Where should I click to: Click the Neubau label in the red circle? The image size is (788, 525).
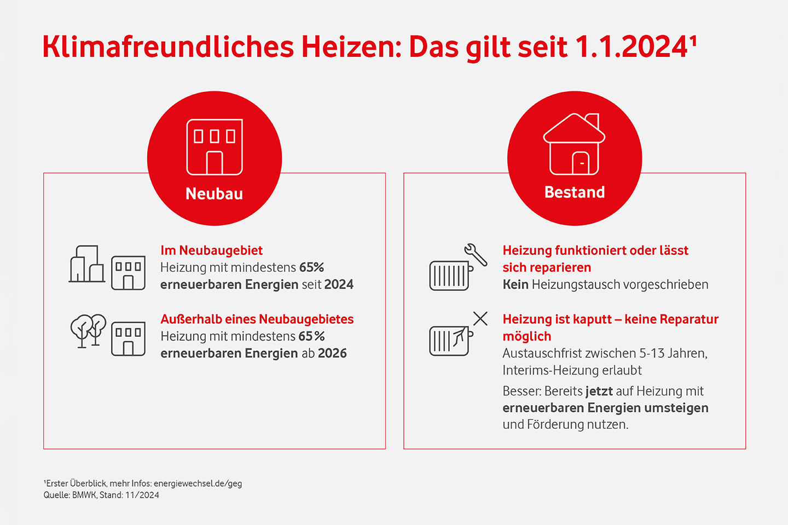click(214, 194)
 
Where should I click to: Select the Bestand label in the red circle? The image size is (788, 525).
click(575, 192)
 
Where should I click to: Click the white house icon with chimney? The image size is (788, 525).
click(574, 144)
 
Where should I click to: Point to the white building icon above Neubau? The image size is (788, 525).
click(215, 147)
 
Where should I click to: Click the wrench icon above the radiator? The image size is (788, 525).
click(476, 254)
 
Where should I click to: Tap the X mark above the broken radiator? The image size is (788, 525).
click(480, 318)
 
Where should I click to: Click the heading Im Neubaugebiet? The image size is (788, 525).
click(211, 250)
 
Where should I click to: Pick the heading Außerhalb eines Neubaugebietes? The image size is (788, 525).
click(257, 319)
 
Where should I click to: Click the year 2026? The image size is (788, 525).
click(332, 353)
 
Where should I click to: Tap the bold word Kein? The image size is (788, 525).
click(515, 284)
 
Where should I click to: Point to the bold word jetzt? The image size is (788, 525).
click(599, 392)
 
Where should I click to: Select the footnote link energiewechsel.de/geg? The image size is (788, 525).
click(198, 483)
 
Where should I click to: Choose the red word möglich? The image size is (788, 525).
click(526, 336)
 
